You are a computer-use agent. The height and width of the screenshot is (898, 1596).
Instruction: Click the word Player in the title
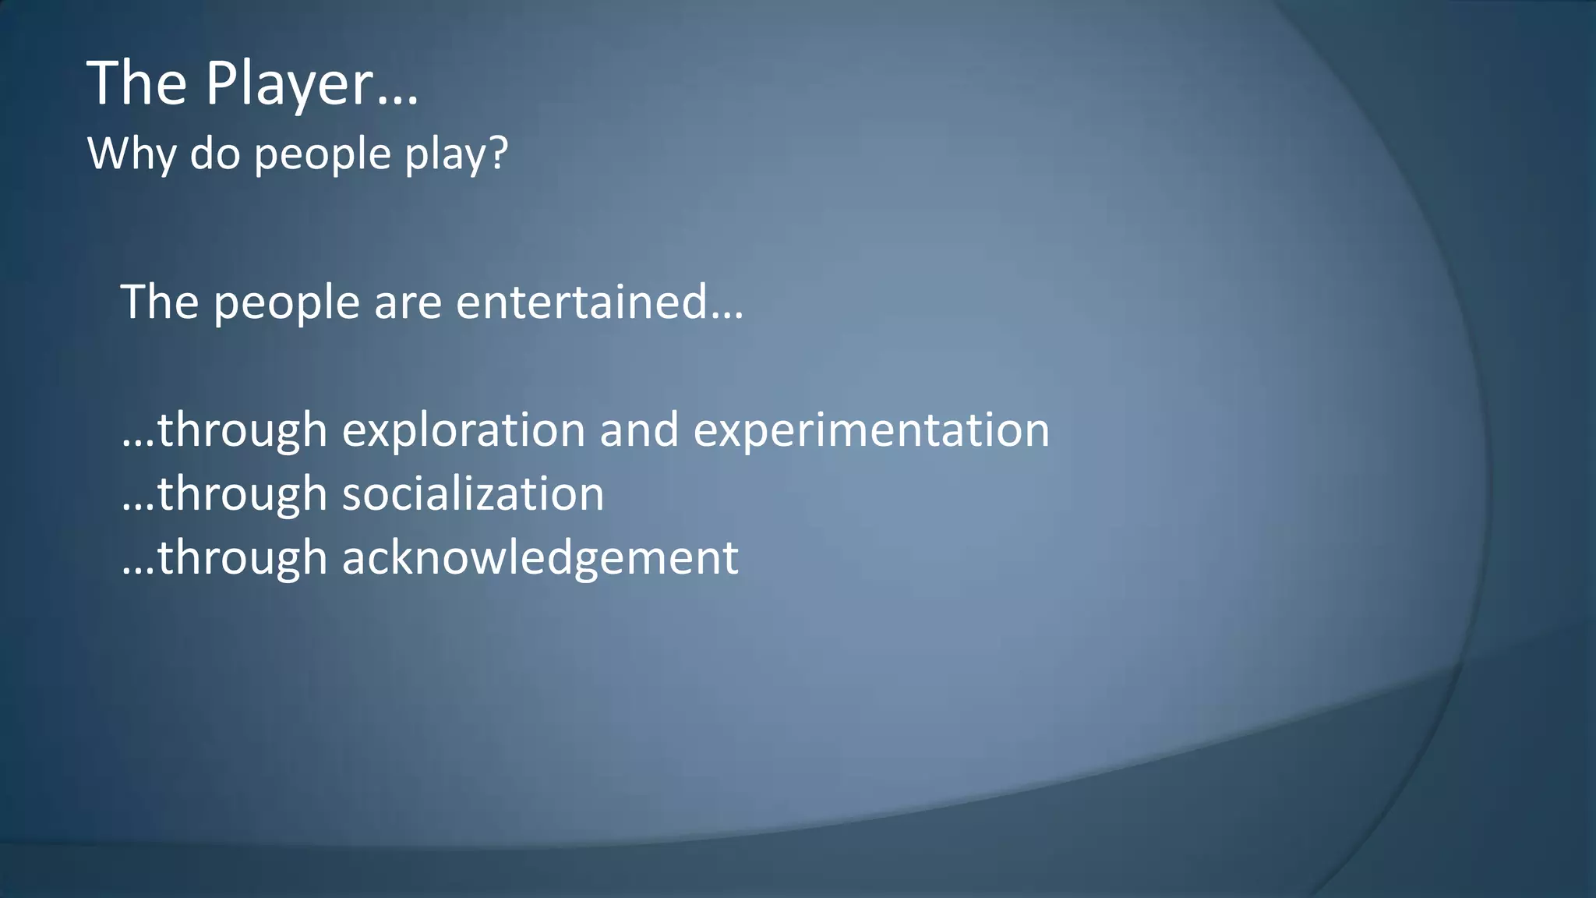[x=289, y=84]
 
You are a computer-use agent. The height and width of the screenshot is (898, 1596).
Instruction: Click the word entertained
[x=581, y=302]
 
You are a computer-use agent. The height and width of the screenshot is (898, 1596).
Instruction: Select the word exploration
[x=463, y=430]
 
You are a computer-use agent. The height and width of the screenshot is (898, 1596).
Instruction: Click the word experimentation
[x=870, y=430]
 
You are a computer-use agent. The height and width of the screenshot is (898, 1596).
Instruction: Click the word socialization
[x=472, y=494]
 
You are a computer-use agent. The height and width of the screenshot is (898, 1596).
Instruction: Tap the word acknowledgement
[x=539, y=558]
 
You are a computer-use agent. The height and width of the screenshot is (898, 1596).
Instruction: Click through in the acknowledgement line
[x=242, y=558]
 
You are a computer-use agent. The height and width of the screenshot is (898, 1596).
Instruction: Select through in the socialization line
[x=242, y=494]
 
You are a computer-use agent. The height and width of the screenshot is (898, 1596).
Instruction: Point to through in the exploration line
[x=242, y=430]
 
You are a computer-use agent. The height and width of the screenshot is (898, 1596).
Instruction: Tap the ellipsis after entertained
[x=726, y=316]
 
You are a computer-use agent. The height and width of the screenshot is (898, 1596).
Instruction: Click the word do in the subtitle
[x=214, y=154]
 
